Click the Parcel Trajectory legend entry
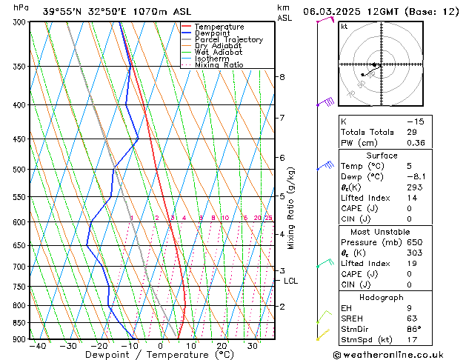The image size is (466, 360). pyautogui.click(x=228, y=39)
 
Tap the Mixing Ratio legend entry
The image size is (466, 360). pyautogui.click(x=219, y=65)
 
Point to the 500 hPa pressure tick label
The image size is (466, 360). pyautogui.click(x=19, y=170)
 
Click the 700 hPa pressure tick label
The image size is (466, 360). pyautogui.click(x=19, y=267)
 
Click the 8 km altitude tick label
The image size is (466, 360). pyautogui.click(x=282, y=77)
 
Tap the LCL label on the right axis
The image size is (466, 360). pyautogui.click(x=290, y=281)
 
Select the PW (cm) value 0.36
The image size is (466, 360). pyautogui.click(x=416, y=143)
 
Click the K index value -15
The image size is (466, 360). pyautogui.click(x=416, y=121)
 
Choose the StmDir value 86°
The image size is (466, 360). pyautogui.click(x=414, y=329)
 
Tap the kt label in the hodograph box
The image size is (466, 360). pyautogui.click(x=344, y=27)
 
